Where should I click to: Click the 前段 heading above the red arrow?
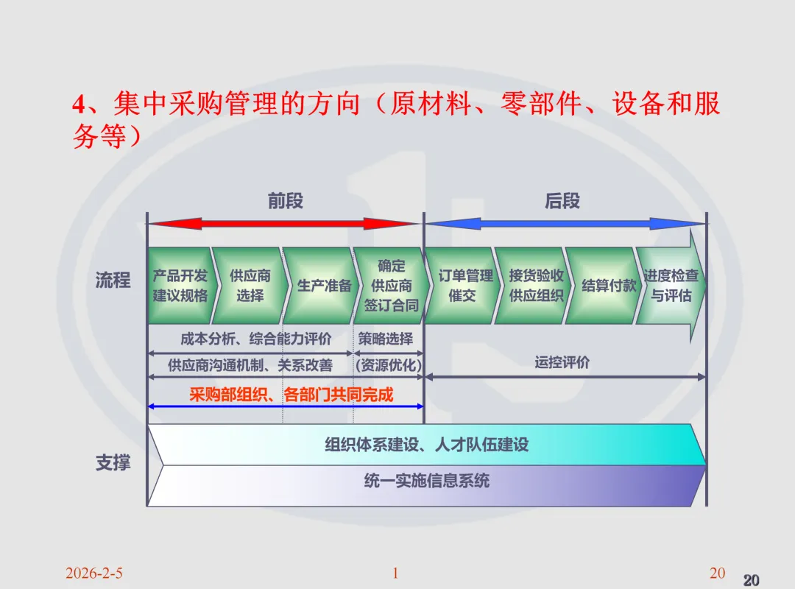pyautogui.click(x=286, y=201)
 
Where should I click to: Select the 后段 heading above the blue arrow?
pyautogui.click(x=562, y=201)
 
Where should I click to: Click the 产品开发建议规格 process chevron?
pyautogui.click(x=180, y=286)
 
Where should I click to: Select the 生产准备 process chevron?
pyautogui.click(x=322, y=286)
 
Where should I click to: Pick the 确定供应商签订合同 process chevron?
pyautogui.click(x=389, y=286)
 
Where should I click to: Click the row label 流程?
pyautogui.click(x=113, y=280)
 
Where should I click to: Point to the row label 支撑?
pyautogui.click(x=113, y=463)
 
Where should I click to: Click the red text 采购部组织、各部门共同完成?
pyautogui.click(x=291, y=395)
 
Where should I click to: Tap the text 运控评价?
pyautogui.click(x=562, y=362)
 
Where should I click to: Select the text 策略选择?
pyautogui.click(x=386, y=339)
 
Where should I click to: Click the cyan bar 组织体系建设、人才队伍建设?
pyautogui.click(x=427, y=445)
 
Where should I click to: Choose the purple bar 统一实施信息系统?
pyautogui.click(x=427, y=482)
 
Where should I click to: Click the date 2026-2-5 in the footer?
pyautogui.click(x=93, y=573)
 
